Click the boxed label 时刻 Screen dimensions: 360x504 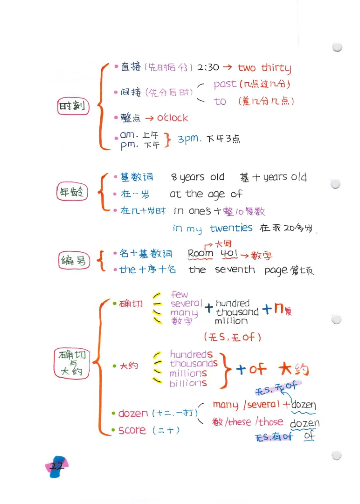coord(72,107)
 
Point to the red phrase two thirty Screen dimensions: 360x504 coord(264,68)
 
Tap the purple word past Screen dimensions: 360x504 coord(225,84)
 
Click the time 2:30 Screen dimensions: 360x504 coord(208,67)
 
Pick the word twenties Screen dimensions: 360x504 coord(231,228)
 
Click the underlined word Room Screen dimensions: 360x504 coord(200,254)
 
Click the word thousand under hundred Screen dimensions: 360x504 coord(237,312)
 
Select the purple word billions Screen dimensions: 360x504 coord(188,384)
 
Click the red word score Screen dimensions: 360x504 coord(132,430)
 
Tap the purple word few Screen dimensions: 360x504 coord(180,294)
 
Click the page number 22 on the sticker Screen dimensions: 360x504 coord(57,466)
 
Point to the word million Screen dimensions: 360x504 coord(231,321)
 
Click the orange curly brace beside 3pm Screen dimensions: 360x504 coord(168,139)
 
